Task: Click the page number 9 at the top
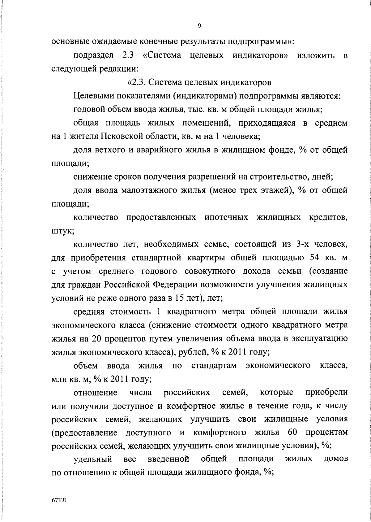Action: click(x=199, y=26)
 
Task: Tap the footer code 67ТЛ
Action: click(x=58, y=501)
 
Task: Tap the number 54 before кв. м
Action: click(x=314, y=258)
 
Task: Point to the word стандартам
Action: click(x=214, y=366)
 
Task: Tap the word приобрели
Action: click(x=326, y=393)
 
